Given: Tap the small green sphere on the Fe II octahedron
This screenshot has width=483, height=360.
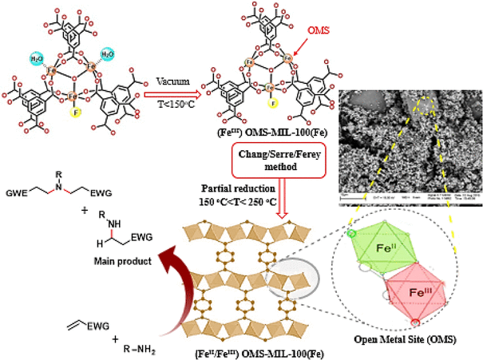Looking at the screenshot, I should tap(351, 233).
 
